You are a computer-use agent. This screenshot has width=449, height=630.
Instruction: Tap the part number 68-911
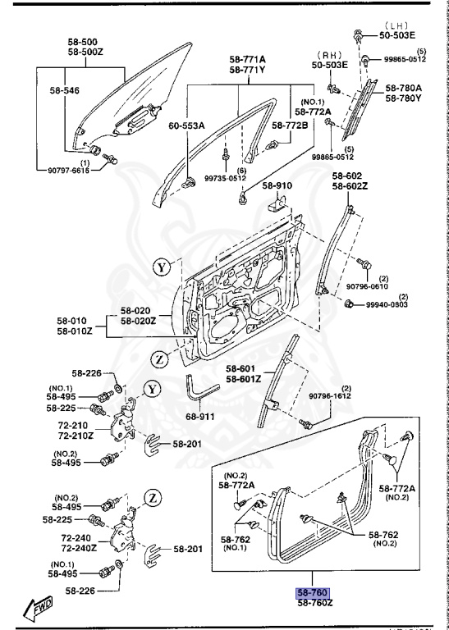coord(199,416)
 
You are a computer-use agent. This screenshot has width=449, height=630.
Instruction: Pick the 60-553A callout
coord(187,126)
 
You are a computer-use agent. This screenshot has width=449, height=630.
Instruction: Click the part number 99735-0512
coord(224,178)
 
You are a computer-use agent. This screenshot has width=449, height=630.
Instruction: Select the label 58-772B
coord(291,125)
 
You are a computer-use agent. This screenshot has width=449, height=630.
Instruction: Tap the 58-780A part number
coord(404,88)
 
